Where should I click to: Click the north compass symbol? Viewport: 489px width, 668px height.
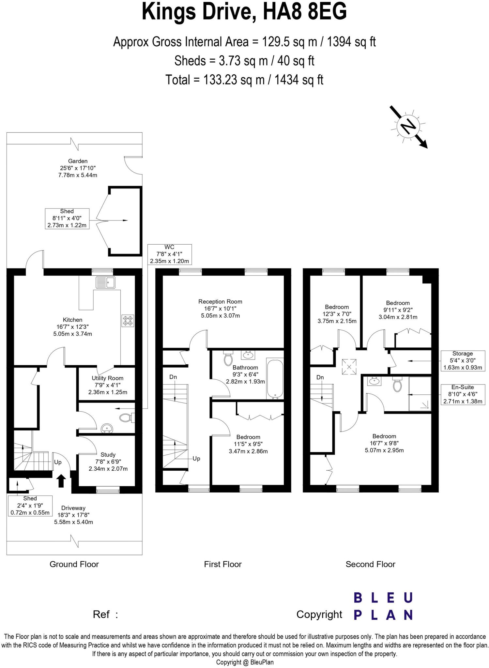(x=408, y=127)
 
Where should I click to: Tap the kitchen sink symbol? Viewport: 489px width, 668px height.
(x=105, y=282)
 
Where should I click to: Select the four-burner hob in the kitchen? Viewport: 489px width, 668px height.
(x=128, y=321)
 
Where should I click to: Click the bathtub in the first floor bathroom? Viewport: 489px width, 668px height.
(x=275, y=379)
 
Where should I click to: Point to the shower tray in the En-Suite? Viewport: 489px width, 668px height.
(x=420, y=393)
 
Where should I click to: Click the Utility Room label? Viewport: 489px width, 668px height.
(x=107, y=378)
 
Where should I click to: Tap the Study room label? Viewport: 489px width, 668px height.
(x=108, y=455)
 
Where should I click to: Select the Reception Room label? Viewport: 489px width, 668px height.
(x=220, y=302)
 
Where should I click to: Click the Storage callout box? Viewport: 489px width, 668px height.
(x=462, y=361)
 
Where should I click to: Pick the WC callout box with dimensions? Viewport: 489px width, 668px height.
(x=169, y=254)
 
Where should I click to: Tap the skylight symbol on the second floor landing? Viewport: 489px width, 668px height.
(x=349, y=367)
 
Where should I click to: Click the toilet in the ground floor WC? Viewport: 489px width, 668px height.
(x=126, y=417)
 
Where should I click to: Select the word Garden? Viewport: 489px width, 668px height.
(x=78, y=161)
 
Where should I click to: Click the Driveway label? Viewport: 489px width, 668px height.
(x=73, y=508)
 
